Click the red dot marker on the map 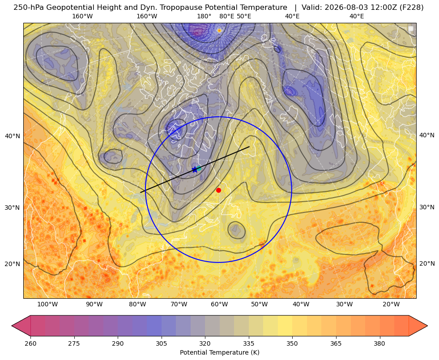point(219,190)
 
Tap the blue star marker point(195,169)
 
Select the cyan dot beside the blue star point(199,168)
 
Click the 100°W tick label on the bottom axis point(47,305)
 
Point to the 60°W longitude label point(219,305)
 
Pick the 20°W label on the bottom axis point(391,305)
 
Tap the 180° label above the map point(204,16)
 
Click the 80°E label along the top point(226,16)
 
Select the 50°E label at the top point(244,16)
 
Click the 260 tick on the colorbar point(30,343)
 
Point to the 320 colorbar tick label point(205,343)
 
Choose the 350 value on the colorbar point(292,343)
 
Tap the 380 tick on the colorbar point(379,343)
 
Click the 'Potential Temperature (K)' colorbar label point(219,352)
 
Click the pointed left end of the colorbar point(12,326)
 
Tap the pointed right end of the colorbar point(427,326)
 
